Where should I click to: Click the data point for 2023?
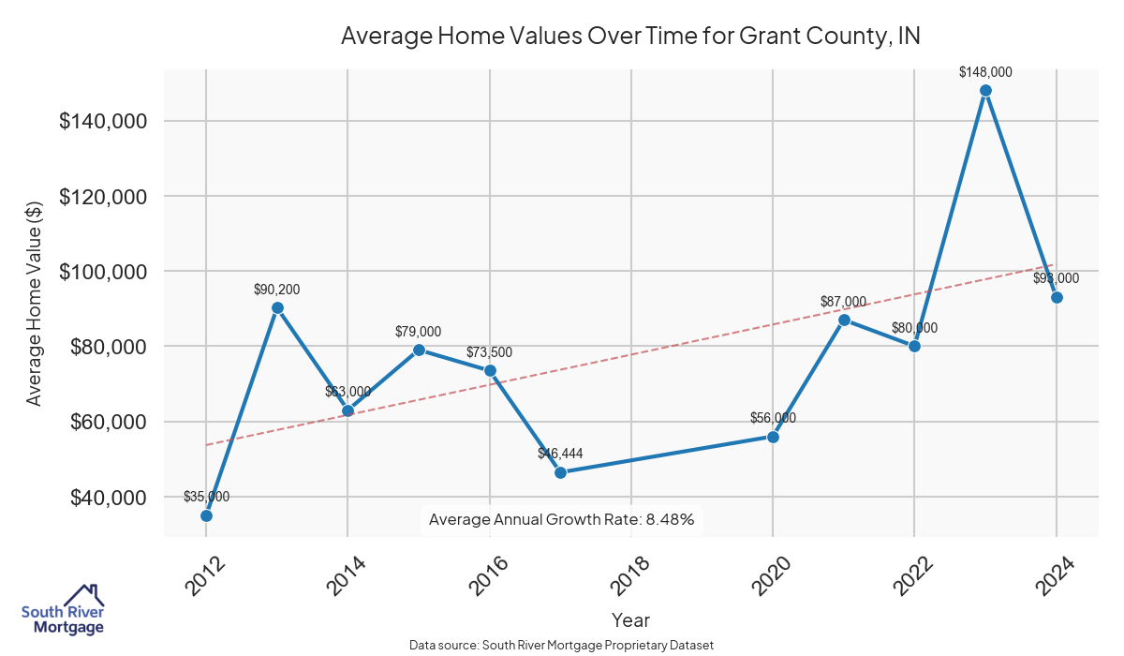pos(985,91)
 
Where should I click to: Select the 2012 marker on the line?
pos(206,515)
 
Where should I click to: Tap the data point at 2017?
pos(560,472)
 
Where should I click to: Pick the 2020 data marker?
pos(773,437)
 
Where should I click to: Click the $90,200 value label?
pos(277,290)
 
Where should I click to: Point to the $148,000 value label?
pos(985,72)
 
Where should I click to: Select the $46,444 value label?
pos(560,454)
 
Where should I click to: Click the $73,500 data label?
pos(490,352)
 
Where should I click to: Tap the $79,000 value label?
pos(419,332)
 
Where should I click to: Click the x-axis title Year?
pos(630,620)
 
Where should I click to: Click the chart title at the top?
pos(630,37)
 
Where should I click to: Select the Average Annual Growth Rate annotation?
pos(561,519)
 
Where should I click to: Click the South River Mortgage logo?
pos(63,611)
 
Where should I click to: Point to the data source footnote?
pos(562,646)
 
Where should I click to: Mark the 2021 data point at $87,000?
pos(844,320)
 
